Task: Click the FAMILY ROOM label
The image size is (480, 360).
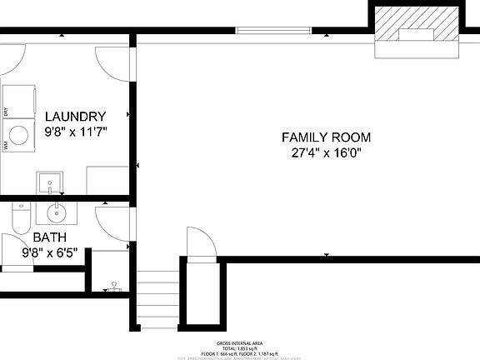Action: click(326, 137)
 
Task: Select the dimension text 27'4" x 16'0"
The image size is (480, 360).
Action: click(326, 153)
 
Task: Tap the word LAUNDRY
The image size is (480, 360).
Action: click(75, 117)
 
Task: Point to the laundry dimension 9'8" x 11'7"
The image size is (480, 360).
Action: click(75, 132)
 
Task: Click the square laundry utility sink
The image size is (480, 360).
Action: click(47, 182)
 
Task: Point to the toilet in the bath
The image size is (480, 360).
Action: click(22, 218)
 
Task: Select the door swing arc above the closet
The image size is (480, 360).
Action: click(201, 242)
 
